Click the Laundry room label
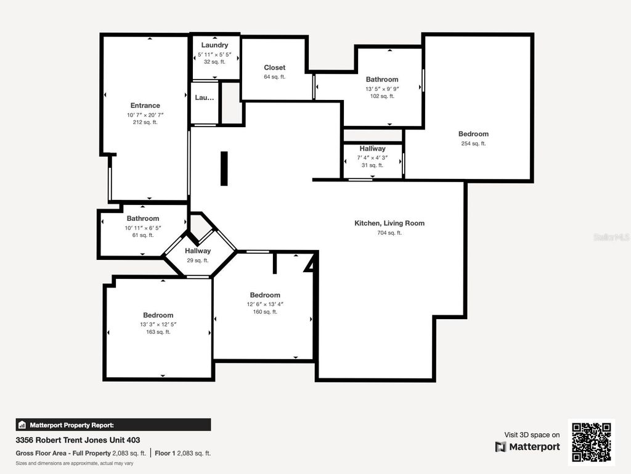pyautogui.click(x=214, y=45)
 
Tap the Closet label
pyautogui.click(x=275, y=68)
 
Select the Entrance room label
pyautogui.click(x=145, y=106)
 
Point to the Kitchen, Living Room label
pyautogui.click(x=389, y=223)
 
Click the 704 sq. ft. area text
pyautogui.click(x=389, y=233)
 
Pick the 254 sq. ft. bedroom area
pyautogui.click(x=473, y=144)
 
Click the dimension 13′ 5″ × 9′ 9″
pyautogui.click(x=382, y=88)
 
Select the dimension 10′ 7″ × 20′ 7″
pyautogui.click(x=145, y=115)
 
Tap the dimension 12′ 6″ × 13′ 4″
pyautogui.click(x=265, y=304)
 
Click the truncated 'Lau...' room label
pyautogui.click(x=205, y=98)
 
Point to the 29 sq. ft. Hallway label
pyautogui.click(x=198, y=251)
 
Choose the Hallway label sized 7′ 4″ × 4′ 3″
pyautogui.click(x=373, y=149)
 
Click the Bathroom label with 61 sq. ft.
pyautogui.click(x=143, y=218)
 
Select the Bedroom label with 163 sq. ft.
pyautogui.click(x=158, y=315)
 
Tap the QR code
pyautogui.click(x=591, y=442)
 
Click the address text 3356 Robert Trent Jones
pyautogui.click(x=78, y=440)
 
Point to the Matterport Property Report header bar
pyautogui.click(x=113, y=425)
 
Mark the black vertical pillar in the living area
pyautogui.click(x=224, y=168)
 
